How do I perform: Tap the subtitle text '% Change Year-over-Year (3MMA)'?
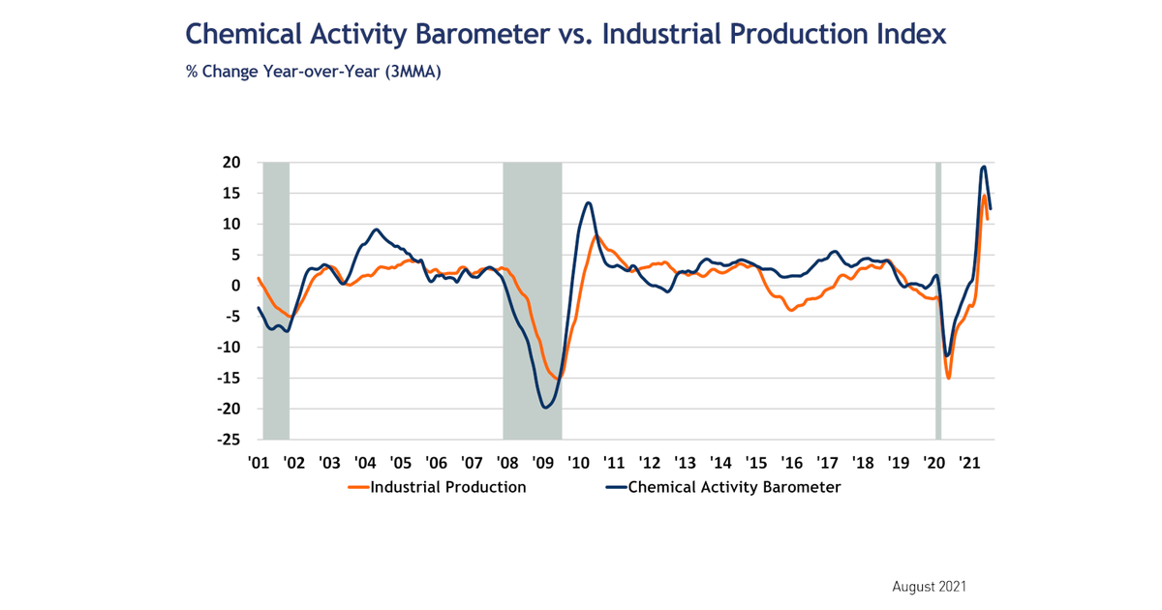[x=314, y=73]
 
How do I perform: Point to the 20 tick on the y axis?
[x=232, y=163]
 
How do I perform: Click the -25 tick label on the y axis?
[x=229, y=439]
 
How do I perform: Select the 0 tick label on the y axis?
[x=235, y=286]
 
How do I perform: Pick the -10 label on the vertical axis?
[x=229, y=347]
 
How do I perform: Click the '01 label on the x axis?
[x=258, y=463]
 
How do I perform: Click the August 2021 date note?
[x=929, y=587]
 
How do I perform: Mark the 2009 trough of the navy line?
[x=545, y=408]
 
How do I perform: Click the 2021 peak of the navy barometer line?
[x=984, y=167]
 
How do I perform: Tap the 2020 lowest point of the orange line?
[x=948, y=378]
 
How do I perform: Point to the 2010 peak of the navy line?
[x=588, y=202]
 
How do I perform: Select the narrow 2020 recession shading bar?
[x=937, y=300]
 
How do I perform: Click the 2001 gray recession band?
[x=276, y=300]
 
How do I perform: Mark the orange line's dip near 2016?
[x=791, y=310]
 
